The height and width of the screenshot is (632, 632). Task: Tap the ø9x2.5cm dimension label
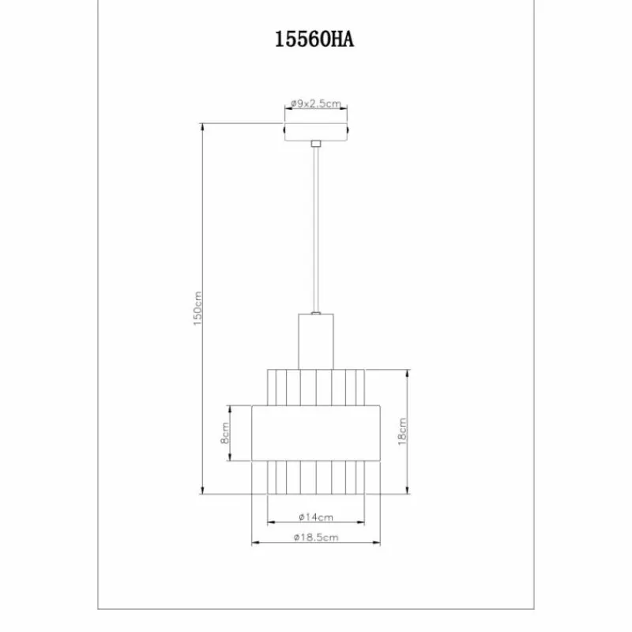pos(315,103)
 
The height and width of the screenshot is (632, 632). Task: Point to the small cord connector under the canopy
pos(316,144)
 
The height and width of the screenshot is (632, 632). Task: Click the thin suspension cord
pos(316,229)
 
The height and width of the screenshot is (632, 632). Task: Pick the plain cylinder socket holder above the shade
pos(316,340)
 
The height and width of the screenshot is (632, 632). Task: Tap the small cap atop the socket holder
pos(316,314)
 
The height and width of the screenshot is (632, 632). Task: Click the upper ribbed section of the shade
pos(316,386)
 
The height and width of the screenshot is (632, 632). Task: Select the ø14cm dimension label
pos(316,517)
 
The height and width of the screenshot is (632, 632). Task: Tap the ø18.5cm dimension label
pos(316,538)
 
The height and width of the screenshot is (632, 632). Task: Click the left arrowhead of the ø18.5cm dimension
pos(254,544)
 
